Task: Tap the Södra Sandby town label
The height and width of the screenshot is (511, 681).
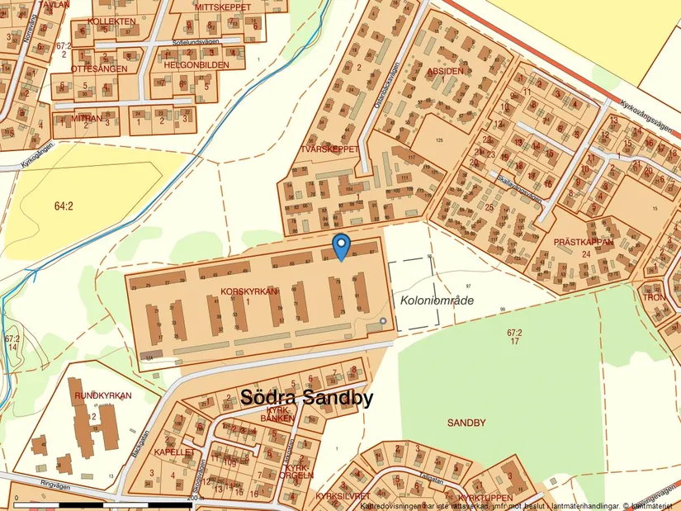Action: point(306,398)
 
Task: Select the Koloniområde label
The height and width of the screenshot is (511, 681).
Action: point(437,300)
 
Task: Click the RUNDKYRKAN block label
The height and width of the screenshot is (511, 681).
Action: point(103,395)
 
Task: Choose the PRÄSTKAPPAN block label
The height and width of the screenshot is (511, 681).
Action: point(584,243)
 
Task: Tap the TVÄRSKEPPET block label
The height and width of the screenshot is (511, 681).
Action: point(330,149)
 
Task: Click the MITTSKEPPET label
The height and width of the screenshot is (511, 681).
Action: point(223,7)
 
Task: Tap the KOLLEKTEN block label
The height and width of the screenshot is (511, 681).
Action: point(111,21)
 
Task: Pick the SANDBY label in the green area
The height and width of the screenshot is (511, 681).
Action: point(466,423)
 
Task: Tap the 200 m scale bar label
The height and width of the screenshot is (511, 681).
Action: point(195,499)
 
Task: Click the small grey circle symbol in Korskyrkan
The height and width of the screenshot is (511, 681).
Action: point(382,320)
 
